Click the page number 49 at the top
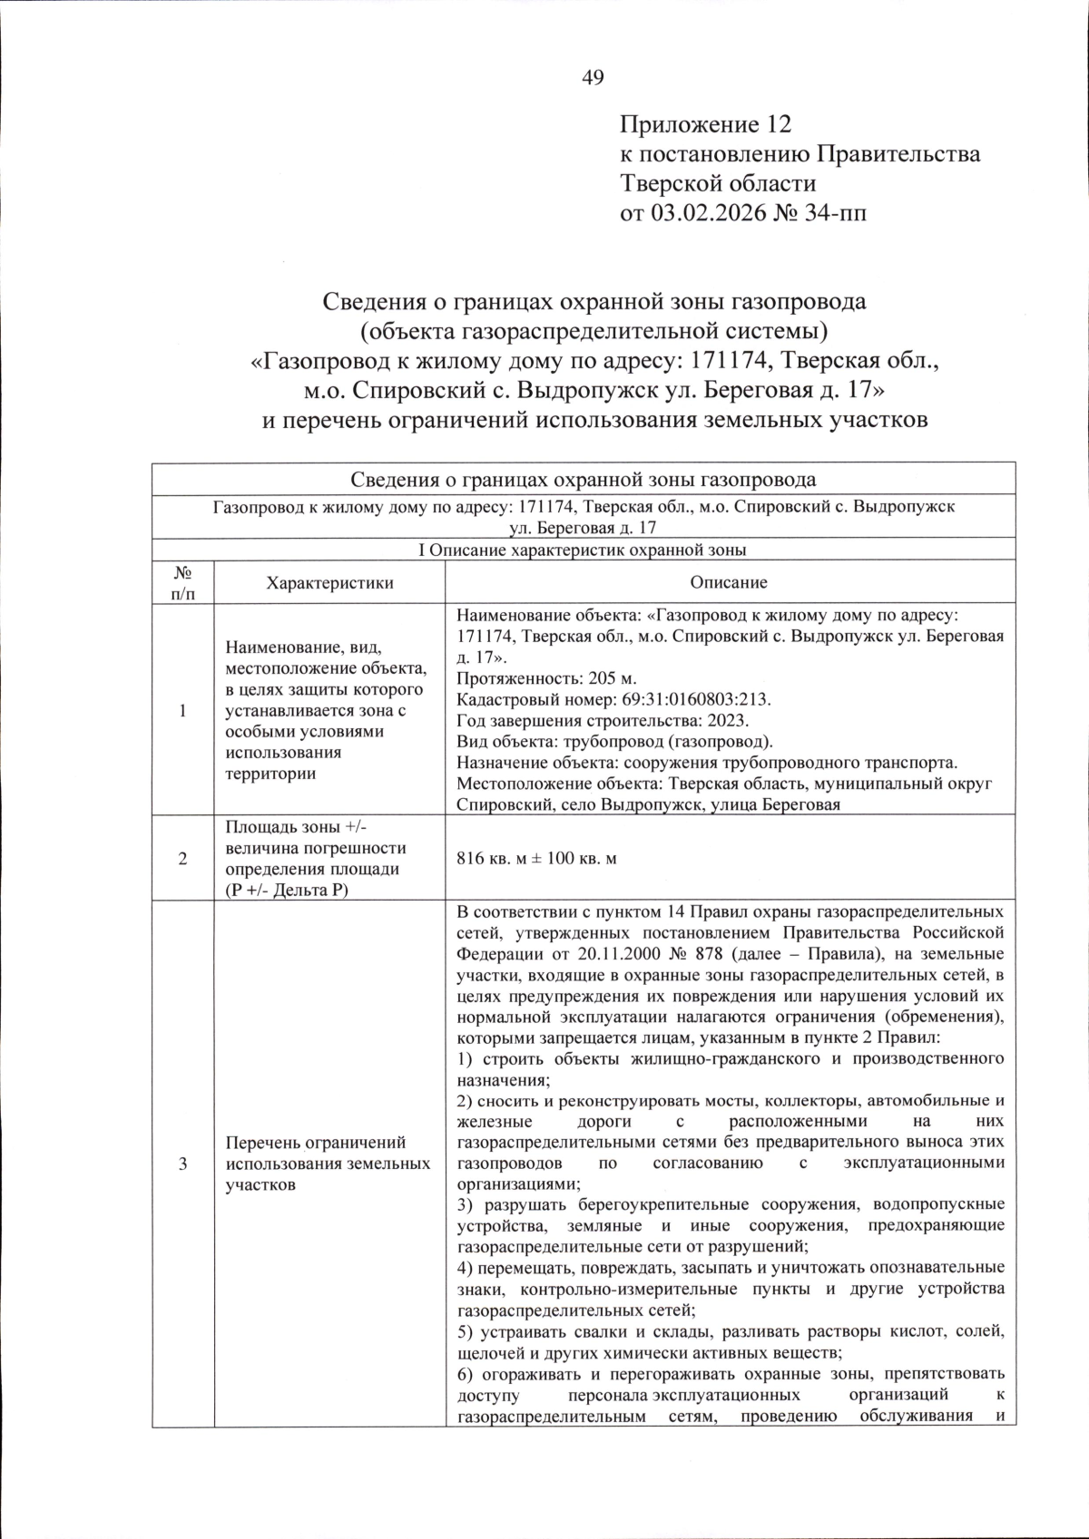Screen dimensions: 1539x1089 pyautogui.click(x=593, y=78)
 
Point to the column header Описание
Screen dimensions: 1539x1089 pyautogui.click(x=728, y=583)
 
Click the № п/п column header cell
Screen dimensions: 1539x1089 pyautogui.click(x=182, y=582)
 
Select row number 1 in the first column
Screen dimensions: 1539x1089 pyautogui.click(x=182, y=710)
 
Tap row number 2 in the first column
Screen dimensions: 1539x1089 pyautogui.click(x=182, y=858)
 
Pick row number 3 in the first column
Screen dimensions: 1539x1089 pyautogui.click(x=182, y=1164)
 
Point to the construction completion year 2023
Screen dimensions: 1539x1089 pyautogui.click(x=724, y=720)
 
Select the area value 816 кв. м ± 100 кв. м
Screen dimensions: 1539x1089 pyautogui.click(x=537, y=858)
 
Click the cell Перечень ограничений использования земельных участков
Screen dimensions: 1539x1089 pyautogui.click(x=328, y=1164)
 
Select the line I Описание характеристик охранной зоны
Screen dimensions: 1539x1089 pyautogui.click(x=583, y=550)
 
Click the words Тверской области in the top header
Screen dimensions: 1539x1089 pyautogui.click(x=718, y=184)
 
